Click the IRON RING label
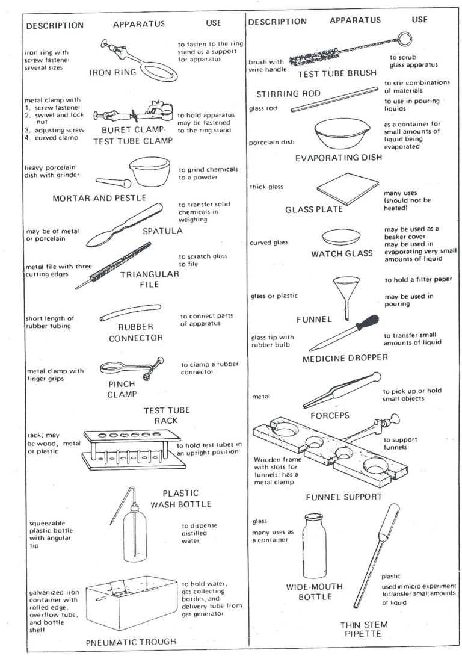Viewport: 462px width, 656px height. (x=113, y=73)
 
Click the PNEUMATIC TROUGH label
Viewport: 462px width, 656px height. (x=131, y=642)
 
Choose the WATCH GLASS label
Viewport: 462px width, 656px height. (x=342, y=253)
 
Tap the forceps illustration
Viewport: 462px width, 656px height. (x=340, y=391)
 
